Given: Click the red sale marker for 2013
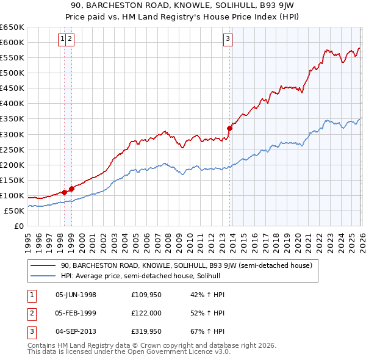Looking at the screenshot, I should coord(230,128).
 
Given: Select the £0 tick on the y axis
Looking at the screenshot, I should coord(20,226).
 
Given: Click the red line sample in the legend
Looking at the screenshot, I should coord(43,265).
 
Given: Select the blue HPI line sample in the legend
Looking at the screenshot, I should coord(43,276).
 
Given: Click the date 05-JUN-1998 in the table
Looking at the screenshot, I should coord(76,295).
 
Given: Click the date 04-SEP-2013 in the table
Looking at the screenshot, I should coord(76,331).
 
